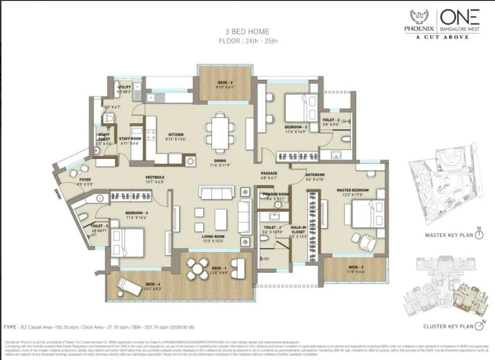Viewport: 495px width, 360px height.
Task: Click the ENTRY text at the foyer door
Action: pyautogui.click(x=58, y=194)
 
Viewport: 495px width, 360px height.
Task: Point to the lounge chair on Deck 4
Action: pyautogui.click(x=129, y=286)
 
